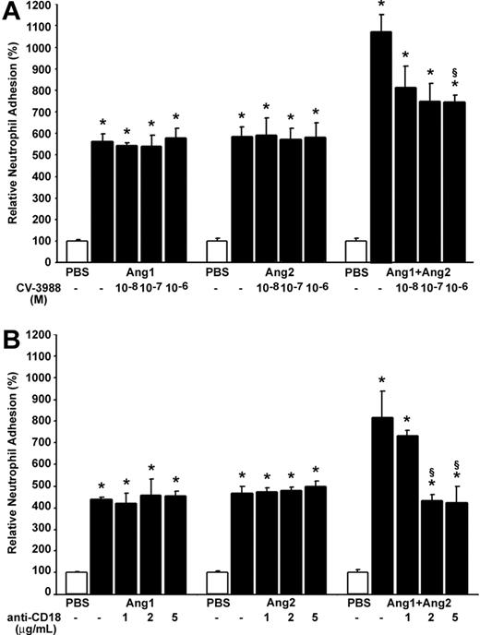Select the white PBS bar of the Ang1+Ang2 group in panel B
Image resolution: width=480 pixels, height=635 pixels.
click(354, 581)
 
